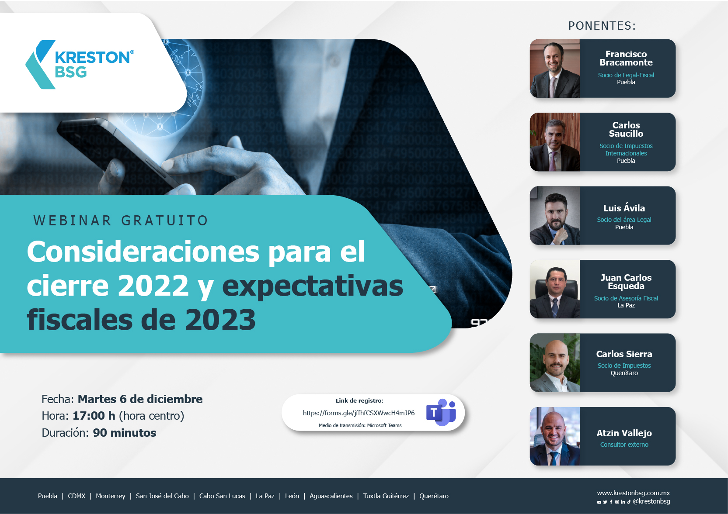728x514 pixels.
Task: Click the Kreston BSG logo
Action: tap(80, 64)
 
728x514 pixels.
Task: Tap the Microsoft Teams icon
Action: tap(441, 412)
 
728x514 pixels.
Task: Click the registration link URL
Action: tap(359, 413)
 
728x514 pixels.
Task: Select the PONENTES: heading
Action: tap(602, 26)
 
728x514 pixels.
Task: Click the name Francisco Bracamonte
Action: tap(626, 58)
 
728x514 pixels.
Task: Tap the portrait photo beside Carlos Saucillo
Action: tap(554, 142)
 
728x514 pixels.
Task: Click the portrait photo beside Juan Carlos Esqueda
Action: tap(554, 289)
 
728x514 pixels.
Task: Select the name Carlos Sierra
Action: tap(624, 354)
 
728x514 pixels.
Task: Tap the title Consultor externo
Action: tap(624, 445)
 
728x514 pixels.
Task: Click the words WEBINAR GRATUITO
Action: tap(121, 221)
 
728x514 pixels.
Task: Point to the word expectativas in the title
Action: tap(313, 286)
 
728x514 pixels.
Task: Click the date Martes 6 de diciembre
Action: tap(140, 399)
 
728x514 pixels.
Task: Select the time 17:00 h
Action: tap(94, 416)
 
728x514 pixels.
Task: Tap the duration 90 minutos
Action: tap(125, 433)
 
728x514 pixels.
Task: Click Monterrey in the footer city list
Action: tap(111, 496)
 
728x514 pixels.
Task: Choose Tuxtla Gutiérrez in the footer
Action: tap(386, 496)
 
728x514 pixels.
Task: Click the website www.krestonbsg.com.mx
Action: tap(633, 493)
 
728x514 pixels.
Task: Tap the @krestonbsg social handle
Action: tap(651, 501)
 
